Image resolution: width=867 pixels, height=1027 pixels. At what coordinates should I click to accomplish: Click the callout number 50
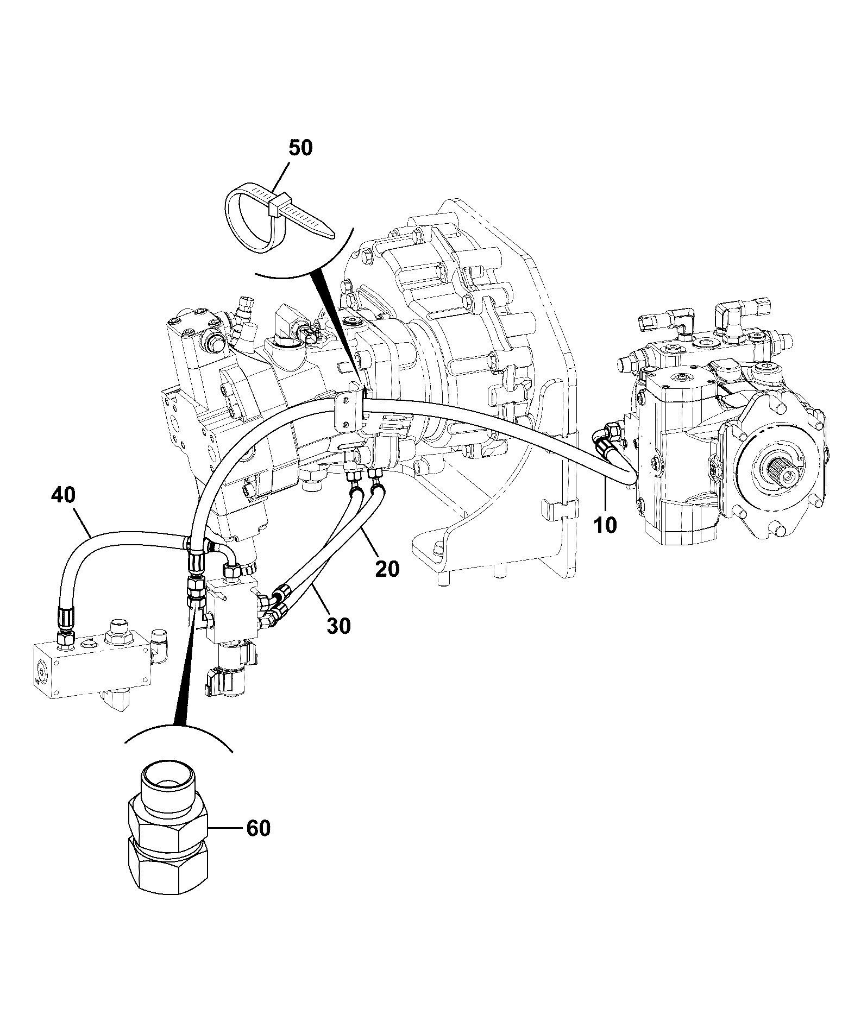pyautogui.click(x=300, y=148)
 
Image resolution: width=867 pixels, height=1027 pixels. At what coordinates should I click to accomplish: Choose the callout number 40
pyautogui.click(x=64, y=495)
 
